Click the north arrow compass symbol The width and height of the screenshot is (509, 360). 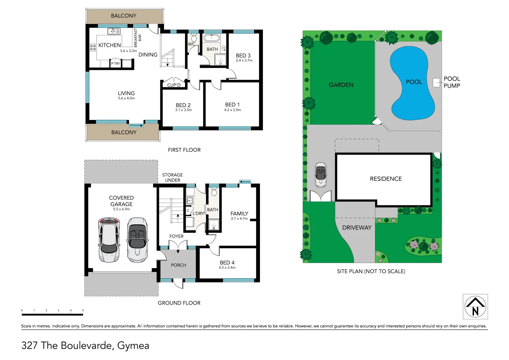coord(475,307)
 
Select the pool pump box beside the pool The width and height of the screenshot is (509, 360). coord(436,82)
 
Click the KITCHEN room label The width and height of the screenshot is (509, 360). coord(109,45)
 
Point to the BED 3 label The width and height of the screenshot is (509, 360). coord(243,55)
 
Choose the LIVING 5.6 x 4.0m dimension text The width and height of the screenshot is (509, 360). coord(126,98)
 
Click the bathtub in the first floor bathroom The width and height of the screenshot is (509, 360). coord(212,37)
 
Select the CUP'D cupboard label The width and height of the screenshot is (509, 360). coord(174,85)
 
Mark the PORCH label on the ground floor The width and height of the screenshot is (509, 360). coord(178,265)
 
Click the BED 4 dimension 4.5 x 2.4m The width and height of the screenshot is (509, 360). coord(227,268)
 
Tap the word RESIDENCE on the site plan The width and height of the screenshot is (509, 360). coord(386,179)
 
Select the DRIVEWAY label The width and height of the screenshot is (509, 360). coord(357,228)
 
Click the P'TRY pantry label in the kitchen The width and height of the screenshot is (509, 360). coord(115,63)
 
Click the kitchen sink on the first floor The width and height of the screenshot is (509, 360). coord(114,31)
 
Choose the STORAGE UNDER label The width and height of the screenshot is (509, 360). coord(172,177)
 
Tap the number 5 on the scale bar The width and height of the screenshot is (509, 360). coord(83,310)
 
